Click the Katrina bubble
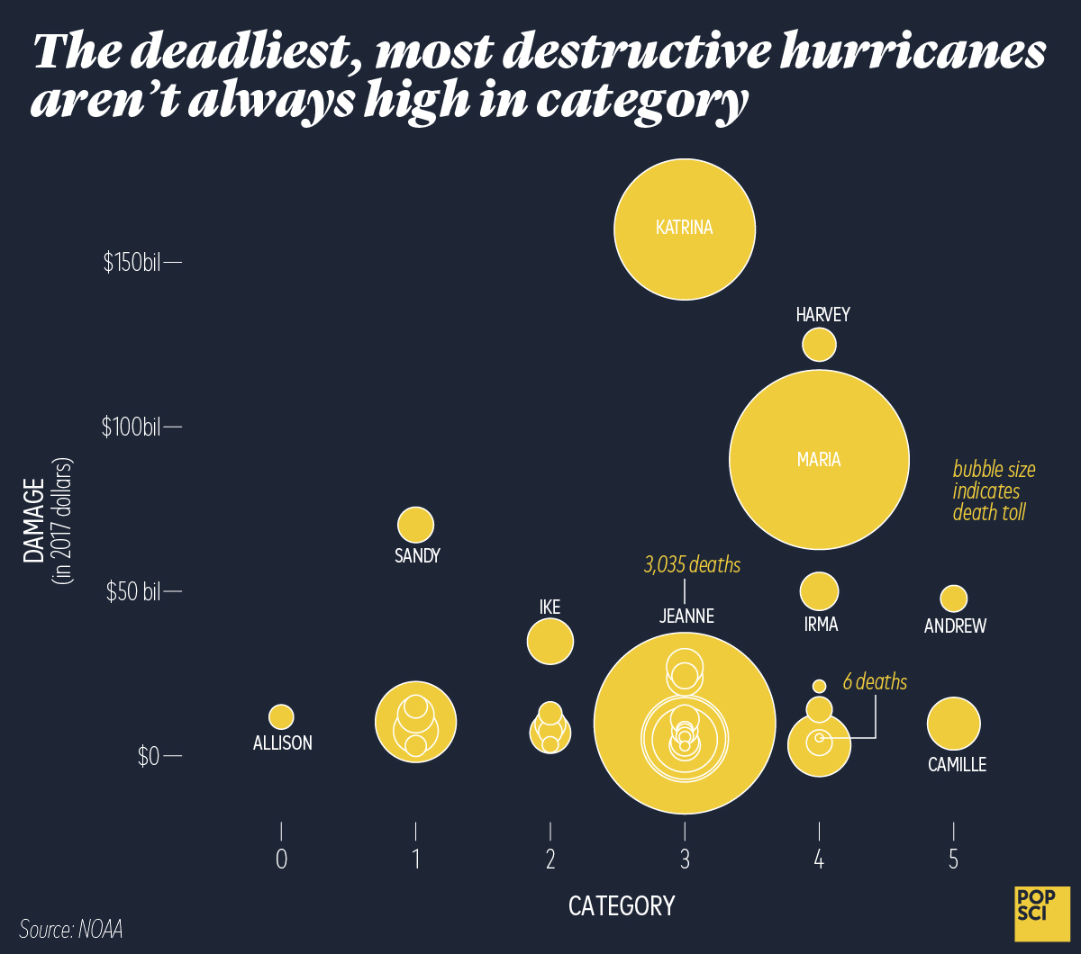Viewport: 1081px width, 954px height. (685, 229)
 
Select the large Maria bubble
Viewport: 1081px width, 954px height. (818, 460)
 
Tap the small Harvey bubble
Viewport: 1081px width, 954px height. (819, 344)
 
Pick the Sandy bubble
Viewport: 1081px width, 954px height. (415, 525)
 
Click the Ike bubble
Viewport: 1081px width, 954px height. (550, 642)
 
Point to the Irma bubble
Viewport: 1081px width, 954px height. (819, 590)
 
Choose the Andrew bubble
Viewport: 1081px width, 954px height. (953, 598)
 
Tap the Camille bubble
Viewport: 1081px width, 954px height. (953, 724)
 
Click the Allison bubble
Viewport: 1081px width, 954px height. (281, 716)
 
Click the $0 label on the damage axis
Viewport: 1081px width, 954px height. (149, 757)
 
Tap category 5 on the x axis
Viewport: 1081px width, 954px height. (953, 860)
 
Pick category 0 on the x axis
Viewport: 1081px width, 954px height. (281, 860)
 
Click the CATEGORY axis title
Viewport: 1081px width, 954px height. (621, 905)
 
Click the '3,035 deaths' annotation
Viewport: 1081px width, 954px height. (692, 565)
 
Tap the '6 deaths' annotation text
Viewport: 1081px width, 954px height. (875, 682)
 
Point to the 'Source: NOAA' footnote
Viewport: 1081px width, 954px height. (70, 929)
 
